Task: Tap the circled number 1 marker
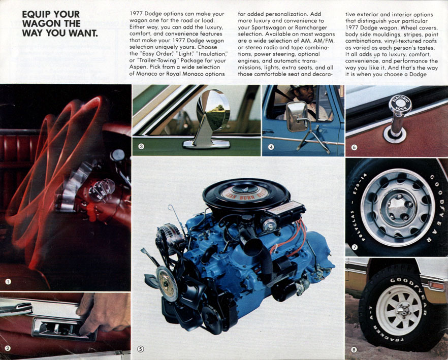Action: coord(8,281)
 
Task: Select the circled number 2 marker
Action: coord(8,348)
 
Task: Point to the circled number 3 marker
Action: coord(142,147)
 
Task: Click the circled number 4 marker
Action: coord(272,147)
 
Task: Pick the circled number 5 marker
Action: coord(141,349)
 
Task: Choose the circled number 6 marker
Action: coord(354,148)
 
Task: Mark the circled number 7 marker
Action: coord(355,247)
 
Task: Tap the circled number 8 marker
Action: coord(354,349)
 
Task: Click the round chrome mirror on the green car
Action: coord(213,109)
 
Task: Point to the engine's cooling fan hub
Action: coord(167,280)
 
